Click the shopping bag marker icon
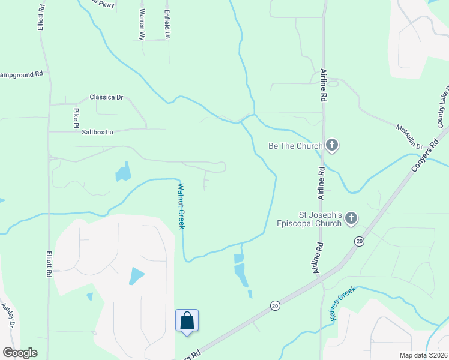187,320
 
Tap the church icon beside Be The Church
332,145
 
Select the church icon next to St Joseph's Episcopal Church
351,220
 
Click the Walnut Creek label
181,206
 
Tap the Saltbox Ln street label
97,132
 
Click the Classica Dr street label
106,97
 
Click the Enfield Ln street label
167,23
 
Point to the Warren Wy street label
142,24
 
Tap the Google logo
20,353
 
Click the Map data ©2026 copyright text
423,355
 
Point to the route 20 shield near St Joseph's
359,241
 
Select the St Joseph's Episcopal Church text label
321,219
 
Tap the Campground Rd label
22,74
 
